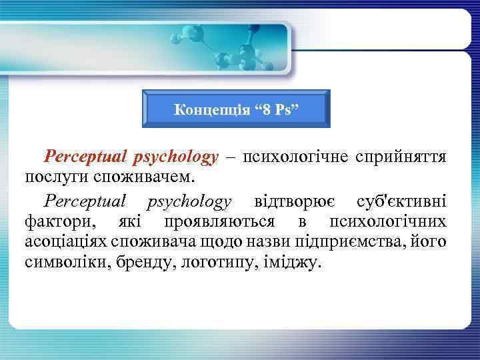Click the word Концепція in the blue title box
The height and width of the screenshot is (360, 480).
pos(205,109)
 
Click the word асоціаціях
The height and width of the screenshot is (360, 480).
pos(69,241)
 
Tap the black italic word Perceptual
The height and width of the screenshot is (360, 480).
pos(85,201)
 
